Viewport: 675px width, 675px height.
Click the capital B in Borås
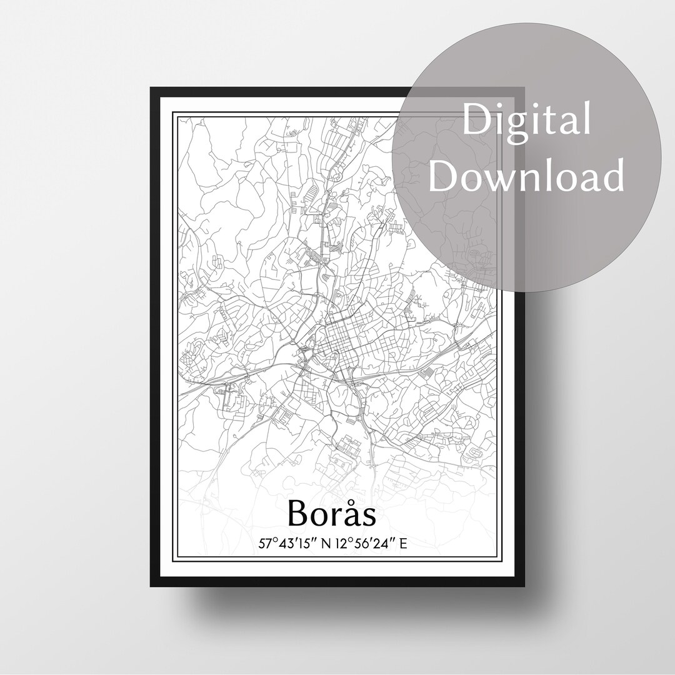(299, 514)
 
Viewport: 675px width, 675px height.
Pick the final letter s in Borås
(371, 516)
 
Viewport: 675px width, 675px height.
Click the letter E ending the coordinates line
(404, 544)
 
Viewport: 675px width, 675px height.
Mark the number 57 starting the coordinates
(266, 544)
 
